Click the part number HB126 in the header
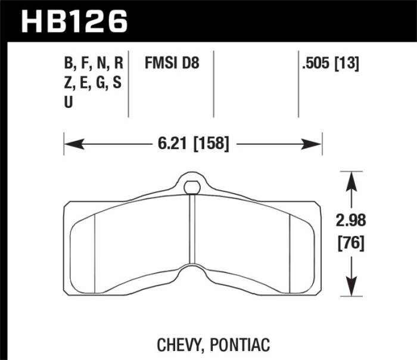(74, 21)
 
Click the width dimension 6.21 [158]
(194, 144)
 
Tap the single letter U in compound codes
(67, 103)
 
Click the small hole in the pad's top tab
(191, 187)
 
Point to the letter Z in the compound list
(67, 83)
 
